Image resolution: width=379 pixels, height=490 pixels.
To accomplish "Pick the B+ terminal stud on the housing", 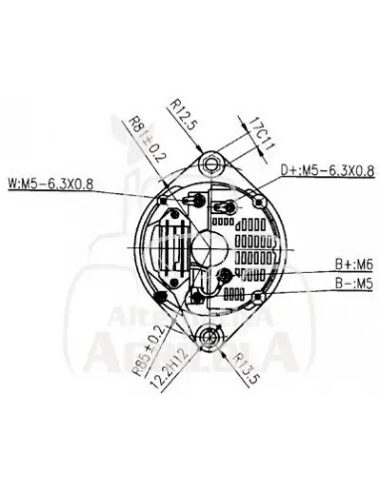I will point(228,275).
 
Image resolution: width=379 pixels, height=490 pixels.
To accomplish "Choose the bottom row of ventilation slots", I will point(237,294).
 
